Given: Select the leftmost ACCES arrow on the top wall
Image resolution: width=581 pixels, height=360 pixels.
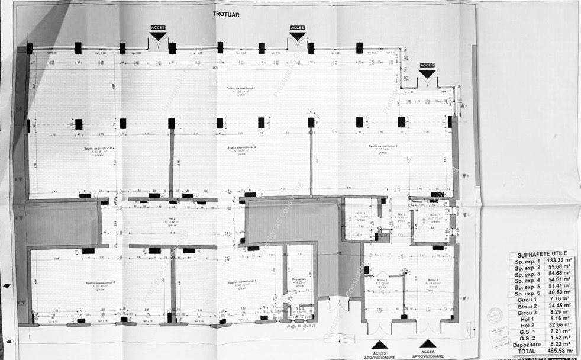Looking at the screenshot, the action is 158,35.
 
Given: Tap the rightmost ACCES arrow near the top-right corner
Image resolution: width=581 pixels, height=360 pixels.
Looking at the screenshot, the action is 427,73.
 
